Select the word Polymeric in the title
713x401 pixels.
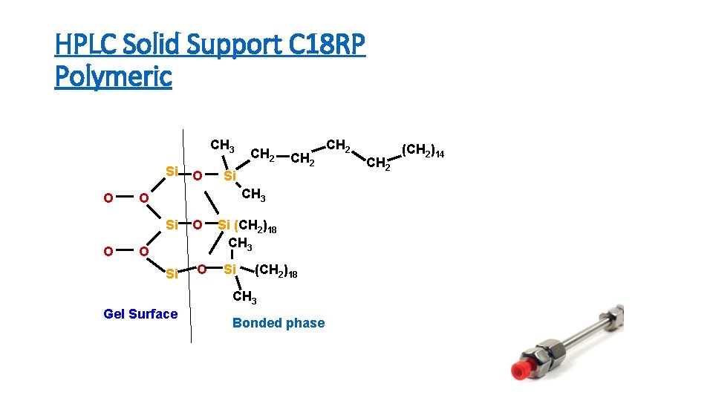113,76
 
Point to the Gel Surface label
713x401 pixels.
140,313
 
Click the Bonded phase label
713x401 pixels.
279,322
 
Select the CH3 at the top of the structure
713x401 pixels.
223,145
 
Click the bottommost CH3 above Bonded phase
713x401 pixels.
244,298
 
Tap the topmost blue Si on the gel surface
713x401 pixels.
172,172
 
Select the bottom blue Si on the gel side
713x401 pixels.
172,274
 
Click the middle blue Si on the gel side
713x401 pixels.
172,224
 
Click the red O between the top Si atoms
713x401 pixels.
197,176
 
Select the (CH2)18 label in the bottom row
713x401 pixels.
276,273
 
